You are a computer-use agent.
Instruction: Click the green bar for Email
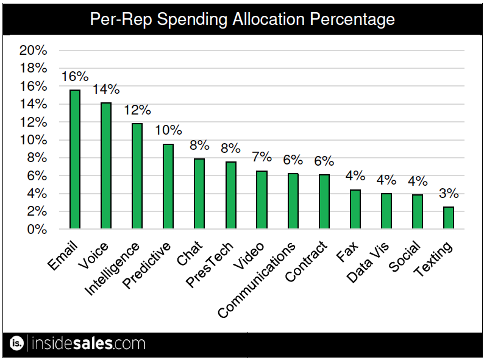pyautogui.click(x=75, y=160)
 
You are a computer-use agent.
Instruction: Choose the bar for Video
pyautogui.click(x=262, y=200)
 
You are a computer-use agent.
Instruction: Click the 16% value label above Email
pyautogui.click(x=75, y=77)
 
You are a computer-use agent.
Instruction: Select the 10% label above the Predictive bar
pyautogui.click(x=168, y=130)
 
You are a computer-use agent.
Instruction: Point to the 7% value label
pyautogui.click(x=262, y=157)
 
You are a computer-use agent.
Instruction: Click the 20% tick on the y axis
pyautogui.click(x=34, y=51)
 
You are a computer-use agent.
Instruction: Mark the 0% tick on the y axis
pyautogui.click(x=37, y=230)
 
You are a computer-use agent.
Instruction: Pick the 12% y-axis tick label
pyautogui.click(x=34, y=122)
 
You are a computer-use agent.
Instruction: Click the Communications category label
pyautogui.click(x=257, y=280)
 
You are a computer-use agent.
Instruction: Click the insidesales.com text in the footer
pyautogui.click(x=88, y=344)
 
